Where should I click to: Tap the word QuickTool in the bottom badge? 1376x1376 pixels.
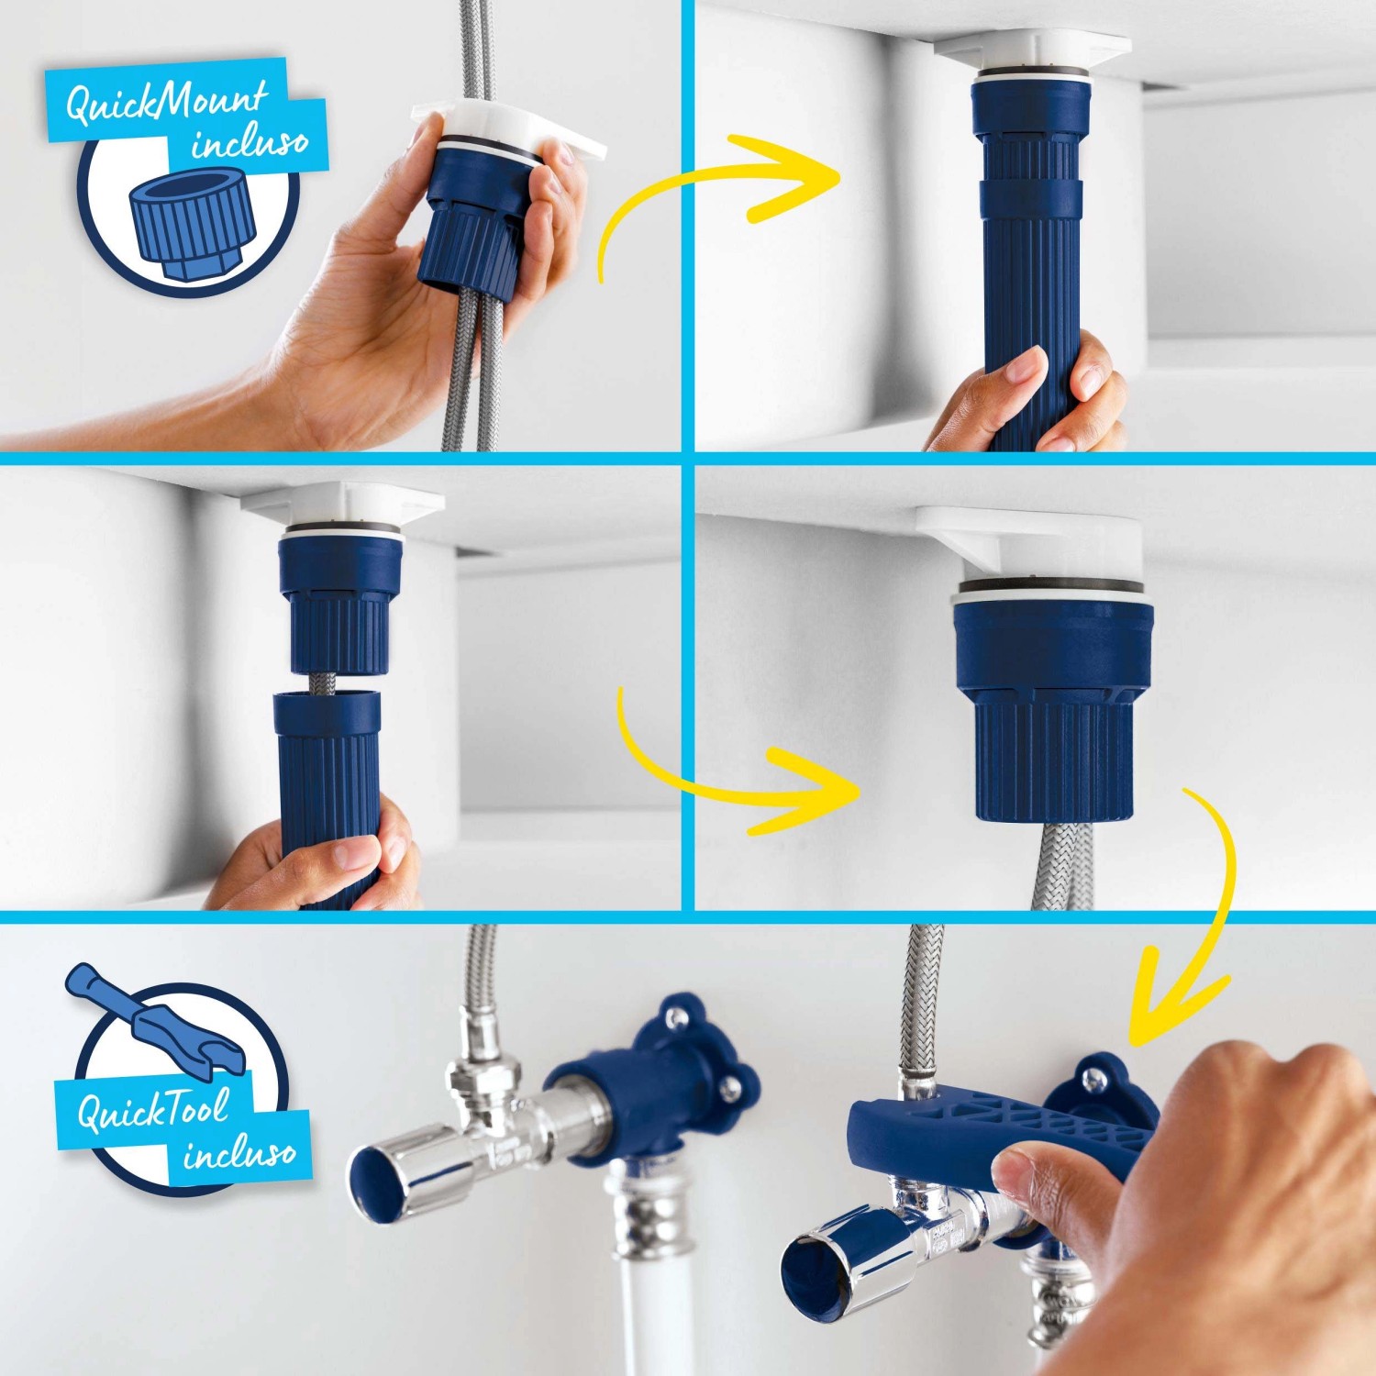[x=152, y=1111]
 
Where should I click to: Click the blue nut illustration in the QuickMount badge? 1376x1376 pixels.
[x=189, y=226]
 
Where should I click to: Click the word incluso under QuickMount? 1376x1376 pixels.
[x=250, y=142]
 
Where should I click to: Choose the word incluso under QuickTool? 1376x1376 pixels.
[x=240, y=1152]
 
